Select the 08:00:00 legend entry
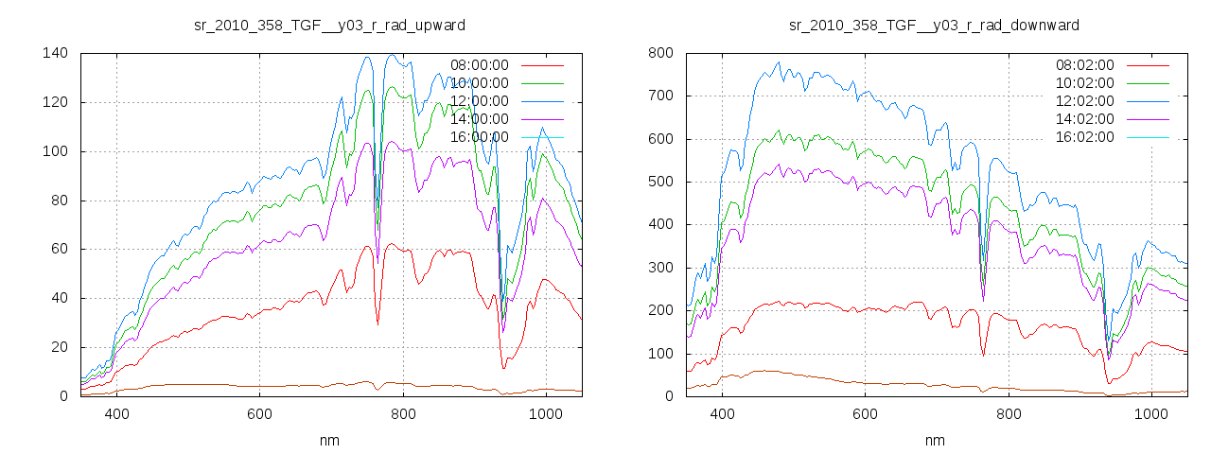click(479, 65)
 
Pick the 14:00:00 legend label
click(479, 119)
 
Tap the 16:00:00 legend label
click(479, 137)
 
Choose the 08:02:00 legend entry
click(1084, 65)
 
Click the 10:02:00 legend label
click(1084, 83)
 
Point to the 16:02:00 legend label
click(1084, 137)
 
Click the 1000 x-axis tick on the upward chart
click(546, 413)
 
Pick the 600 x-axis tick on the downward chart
click(866, 413)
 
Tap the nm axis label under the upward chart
click(328, 440)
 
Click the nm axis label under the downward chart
click(934, 440)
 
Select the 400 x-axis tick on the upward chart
click(117, 413)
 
